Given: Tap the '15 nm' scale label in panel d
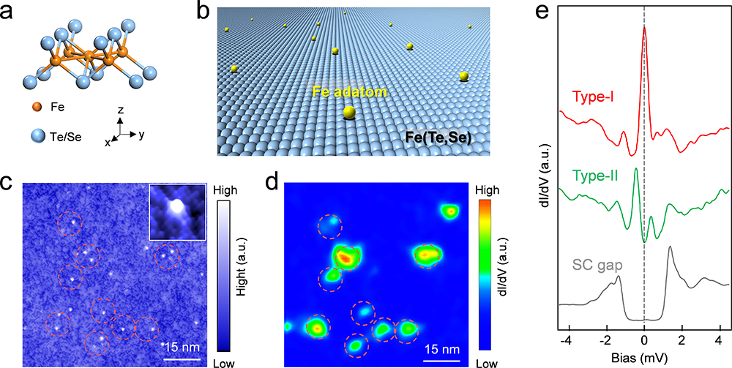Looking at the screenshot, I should [x=442, y=346].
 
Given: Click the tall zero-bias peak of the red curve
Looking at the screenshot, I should [x=644, y=29].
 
